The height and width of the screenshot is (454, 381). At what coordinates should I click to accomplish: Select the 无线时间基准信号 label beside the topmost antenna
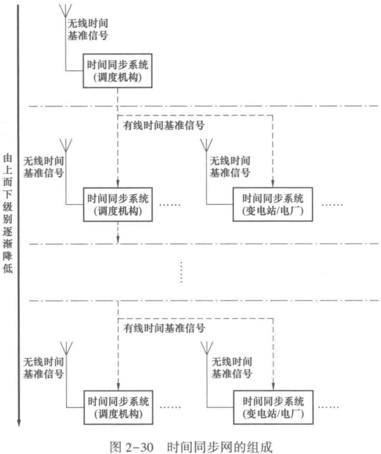88,30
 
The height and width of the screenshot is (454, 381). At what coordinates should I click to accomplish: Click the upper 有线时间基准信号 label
162,125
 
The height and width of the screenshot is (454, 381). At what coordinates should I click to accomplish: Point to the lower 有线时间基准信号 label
162,327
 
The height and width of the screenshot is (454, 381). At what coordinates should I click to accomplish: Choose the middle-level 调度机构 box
118,204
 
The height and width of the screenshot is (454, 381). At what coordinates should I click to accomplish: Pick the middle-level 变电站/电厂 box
273,204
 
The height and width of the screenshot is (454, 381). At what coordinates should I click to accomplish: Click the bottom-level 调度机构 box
118,406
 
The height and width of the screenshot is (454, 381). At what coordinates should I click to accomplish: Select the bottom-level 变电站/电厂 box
273,406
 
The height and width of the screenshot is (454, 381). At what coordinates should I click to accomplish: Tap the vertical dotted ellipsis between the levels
183,272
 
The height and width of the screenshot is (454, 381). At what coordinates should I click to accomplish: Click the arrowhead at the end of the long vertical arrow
19,423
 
